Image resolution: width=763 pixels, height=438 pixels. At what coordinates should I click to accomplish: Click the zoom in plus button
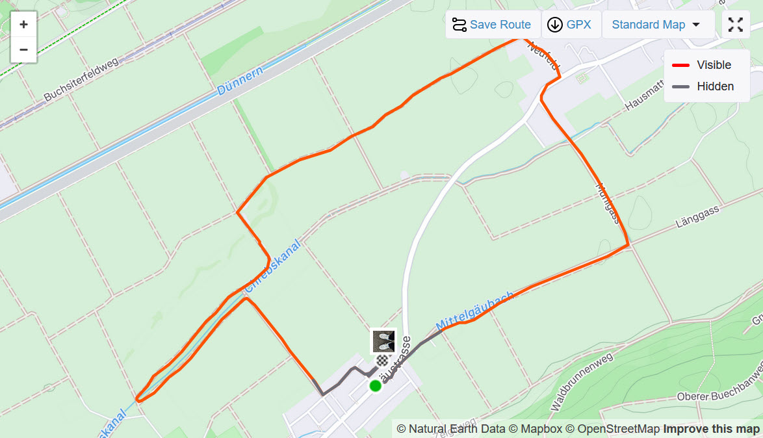point(23,25)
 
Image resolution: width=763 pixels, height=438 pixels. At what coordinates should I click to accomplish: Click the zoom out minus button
point(23,49)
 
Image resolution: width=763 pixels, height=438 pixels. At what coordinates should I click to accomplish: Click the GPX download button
point(570,25)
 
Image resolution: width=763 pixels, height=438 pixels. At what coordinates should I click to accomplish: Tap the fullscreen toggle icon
point(736,25)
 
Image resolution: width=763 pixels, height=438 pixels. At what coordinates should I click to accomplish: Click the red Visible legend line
point(680,65)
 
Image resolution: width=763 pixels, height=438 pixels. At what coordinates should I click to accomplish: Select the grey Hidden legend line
point(680,86)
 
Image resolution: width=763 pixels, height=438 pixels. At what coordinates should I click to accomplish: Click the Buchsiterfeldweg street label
point(81,79)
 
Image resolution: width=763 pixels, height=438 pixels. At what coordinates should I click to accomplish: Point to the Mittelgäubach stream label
point(474,311)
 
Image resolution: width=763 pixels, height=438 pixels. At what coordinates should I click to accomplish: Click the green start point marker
point(375,386)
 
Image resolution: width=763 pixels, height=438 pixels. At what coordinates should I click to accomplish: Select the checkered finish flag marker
point(382,360)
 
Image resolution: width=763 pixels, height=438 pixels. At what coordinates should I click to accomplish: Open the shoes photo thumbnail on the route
point(383,341)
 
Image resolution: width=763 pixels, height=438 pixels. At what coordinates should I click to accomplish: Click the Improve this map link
point(711,429)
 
